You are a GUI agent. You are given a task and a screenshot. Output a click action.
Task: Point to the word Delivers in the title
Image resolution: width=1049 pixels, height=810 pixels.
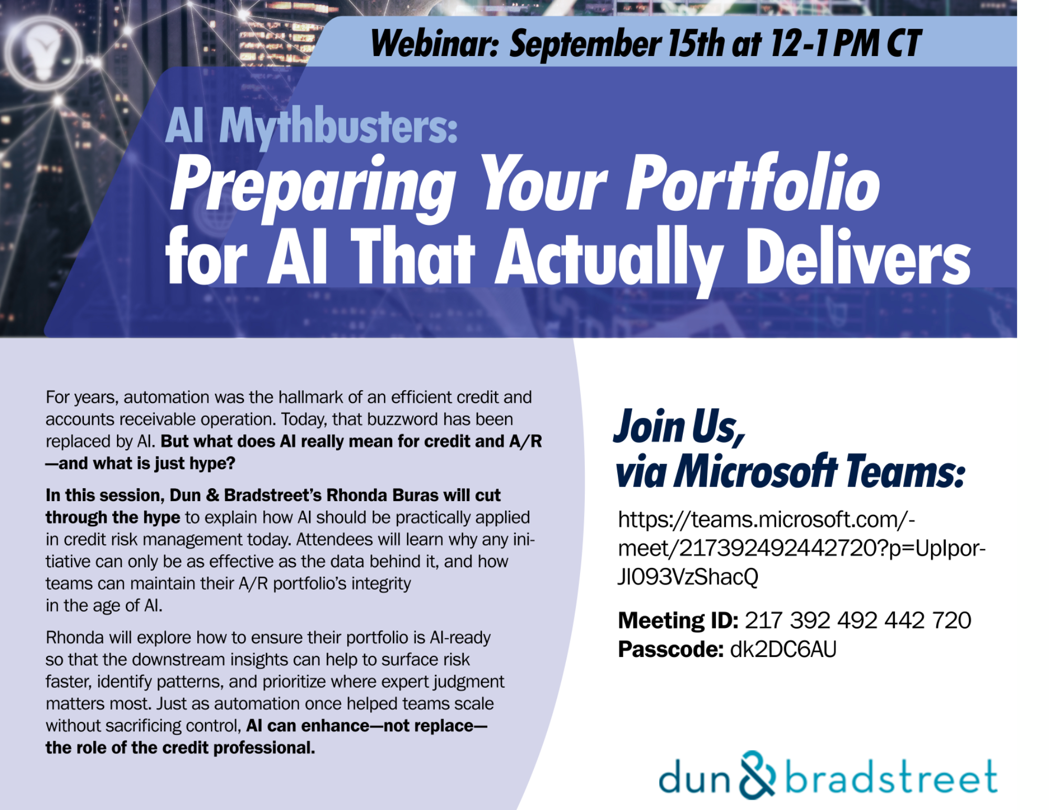pos(858,257)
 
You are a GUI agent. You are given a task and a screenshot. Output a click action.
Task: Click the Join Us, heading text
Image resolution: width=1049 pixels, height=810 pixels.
pos(680,427)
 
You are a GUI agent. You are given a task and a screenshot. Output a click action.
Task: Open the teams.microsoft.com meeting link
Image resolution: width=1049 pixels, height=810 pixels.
pos(801,548)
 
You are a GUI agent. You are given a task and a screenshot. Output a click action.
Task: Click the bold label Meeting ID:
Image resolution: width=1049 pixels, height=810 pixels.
pos(678,621)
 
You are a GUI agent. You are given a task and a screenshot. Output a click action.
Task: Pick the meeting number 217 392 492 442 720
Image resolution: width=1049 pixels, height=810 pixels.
pos(858,621)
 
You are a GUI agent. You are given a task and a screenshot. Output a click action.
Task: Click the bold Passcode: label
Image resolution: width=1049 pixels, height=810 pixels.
pos(671,650)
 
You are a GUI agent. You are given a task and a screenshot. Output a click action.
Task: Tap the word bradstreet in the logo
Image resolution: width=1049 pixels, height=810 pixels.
pos(891,776)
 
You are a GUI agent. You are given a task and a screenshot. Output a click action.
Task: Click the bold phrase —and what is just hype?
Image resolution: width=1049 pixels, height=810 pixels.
pos(140,463)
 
